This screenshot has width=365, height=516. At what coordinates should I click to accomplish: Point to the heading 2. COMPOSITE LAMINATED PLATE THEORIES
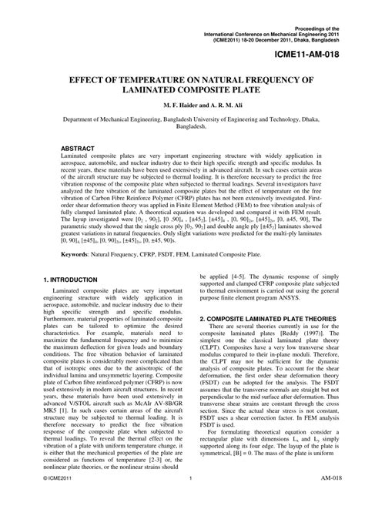[x=267, y=340]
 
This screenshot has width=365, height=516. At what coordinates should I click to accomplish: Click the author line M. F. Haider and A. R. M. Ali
[x=181, y=104]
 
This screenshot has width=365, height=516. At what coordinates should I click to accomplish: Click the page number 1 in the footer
[x=189, y=500]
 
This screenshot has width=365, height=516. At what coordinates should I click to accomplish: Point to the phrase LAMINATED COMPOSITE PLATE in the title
[x=181, y=90]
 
